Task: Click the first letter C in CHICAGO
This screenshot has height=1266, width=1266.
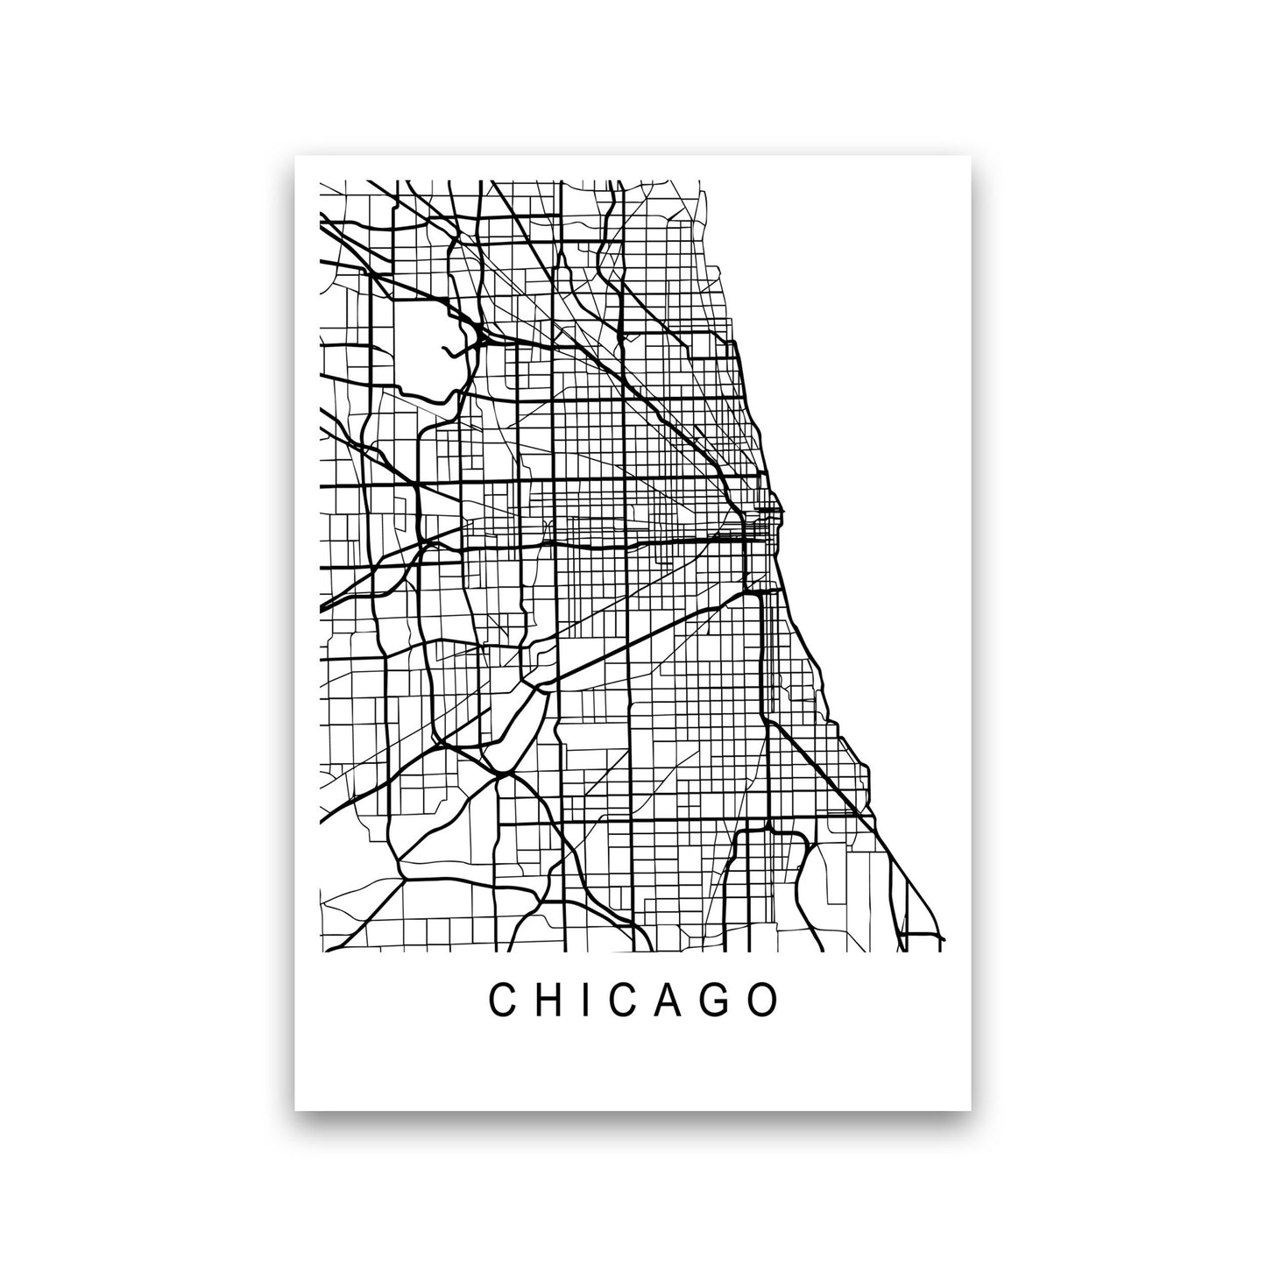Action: tap(502, 1001)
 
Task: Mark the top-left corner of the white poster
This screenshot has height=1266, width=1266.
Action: tap(296, 157)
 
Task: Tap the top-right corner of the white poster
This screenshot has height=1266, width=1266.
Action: tap(971, 157)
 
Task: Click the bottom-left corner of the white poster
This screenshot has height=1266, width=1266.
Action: tap(296, 1110)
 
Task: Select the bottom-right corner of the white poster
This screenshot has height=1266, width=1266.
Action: tap(971, 1110)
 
